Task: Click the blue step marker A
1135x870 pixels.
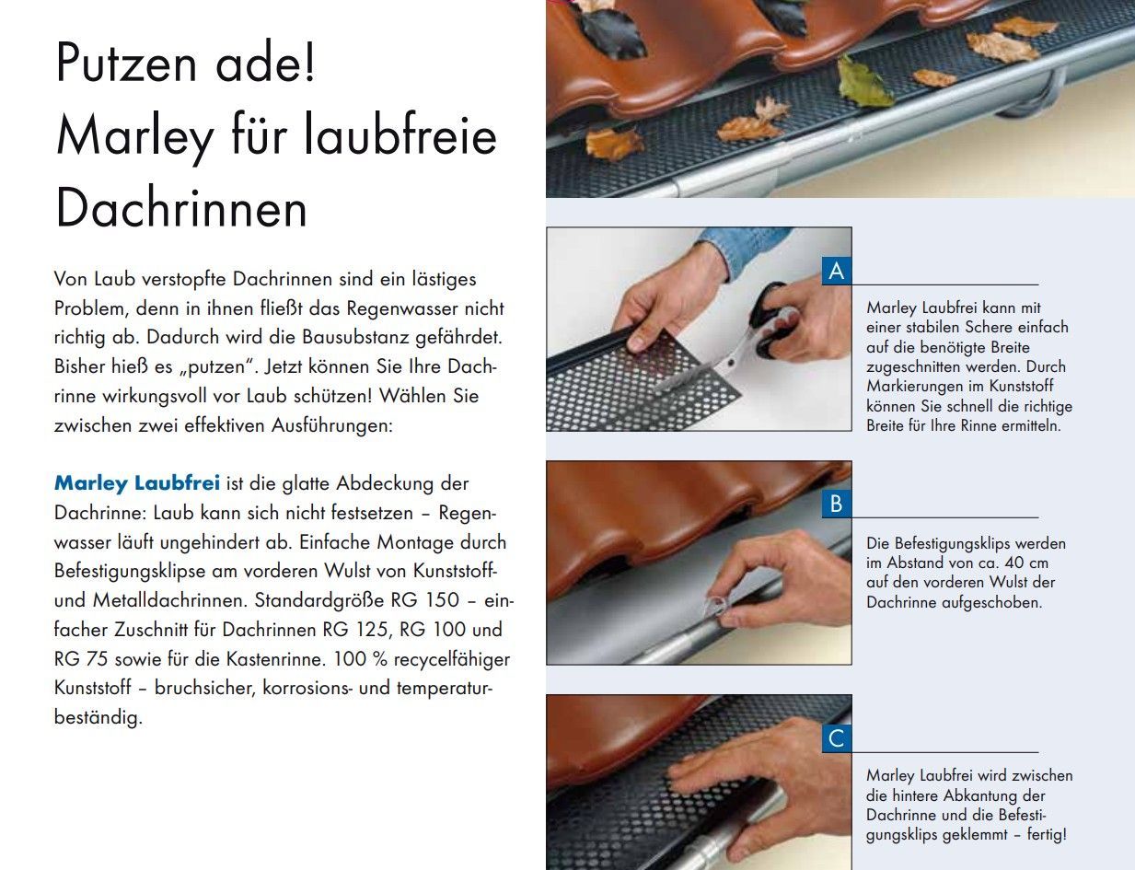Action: (836, 271)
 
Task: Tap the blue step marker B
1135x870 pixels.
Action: (836, 504)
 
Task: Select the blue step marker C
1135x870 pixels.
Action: (836, 737)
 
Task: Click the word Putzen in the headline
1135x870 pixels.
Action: (126, 63)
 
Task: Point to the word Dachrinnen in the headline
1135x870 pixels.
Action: (181, 208)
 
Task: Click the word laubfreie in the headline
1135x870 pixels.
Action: (400, 135)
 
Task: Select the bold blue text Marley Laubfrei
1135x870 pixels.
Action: (137, 483)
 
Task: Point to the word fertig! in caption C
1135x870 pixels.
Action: (1047, 834)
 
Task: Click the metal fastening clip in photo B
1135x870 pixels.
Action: (715, 607)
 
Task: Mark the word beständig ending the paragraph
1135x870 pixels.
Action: (98, 718)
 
